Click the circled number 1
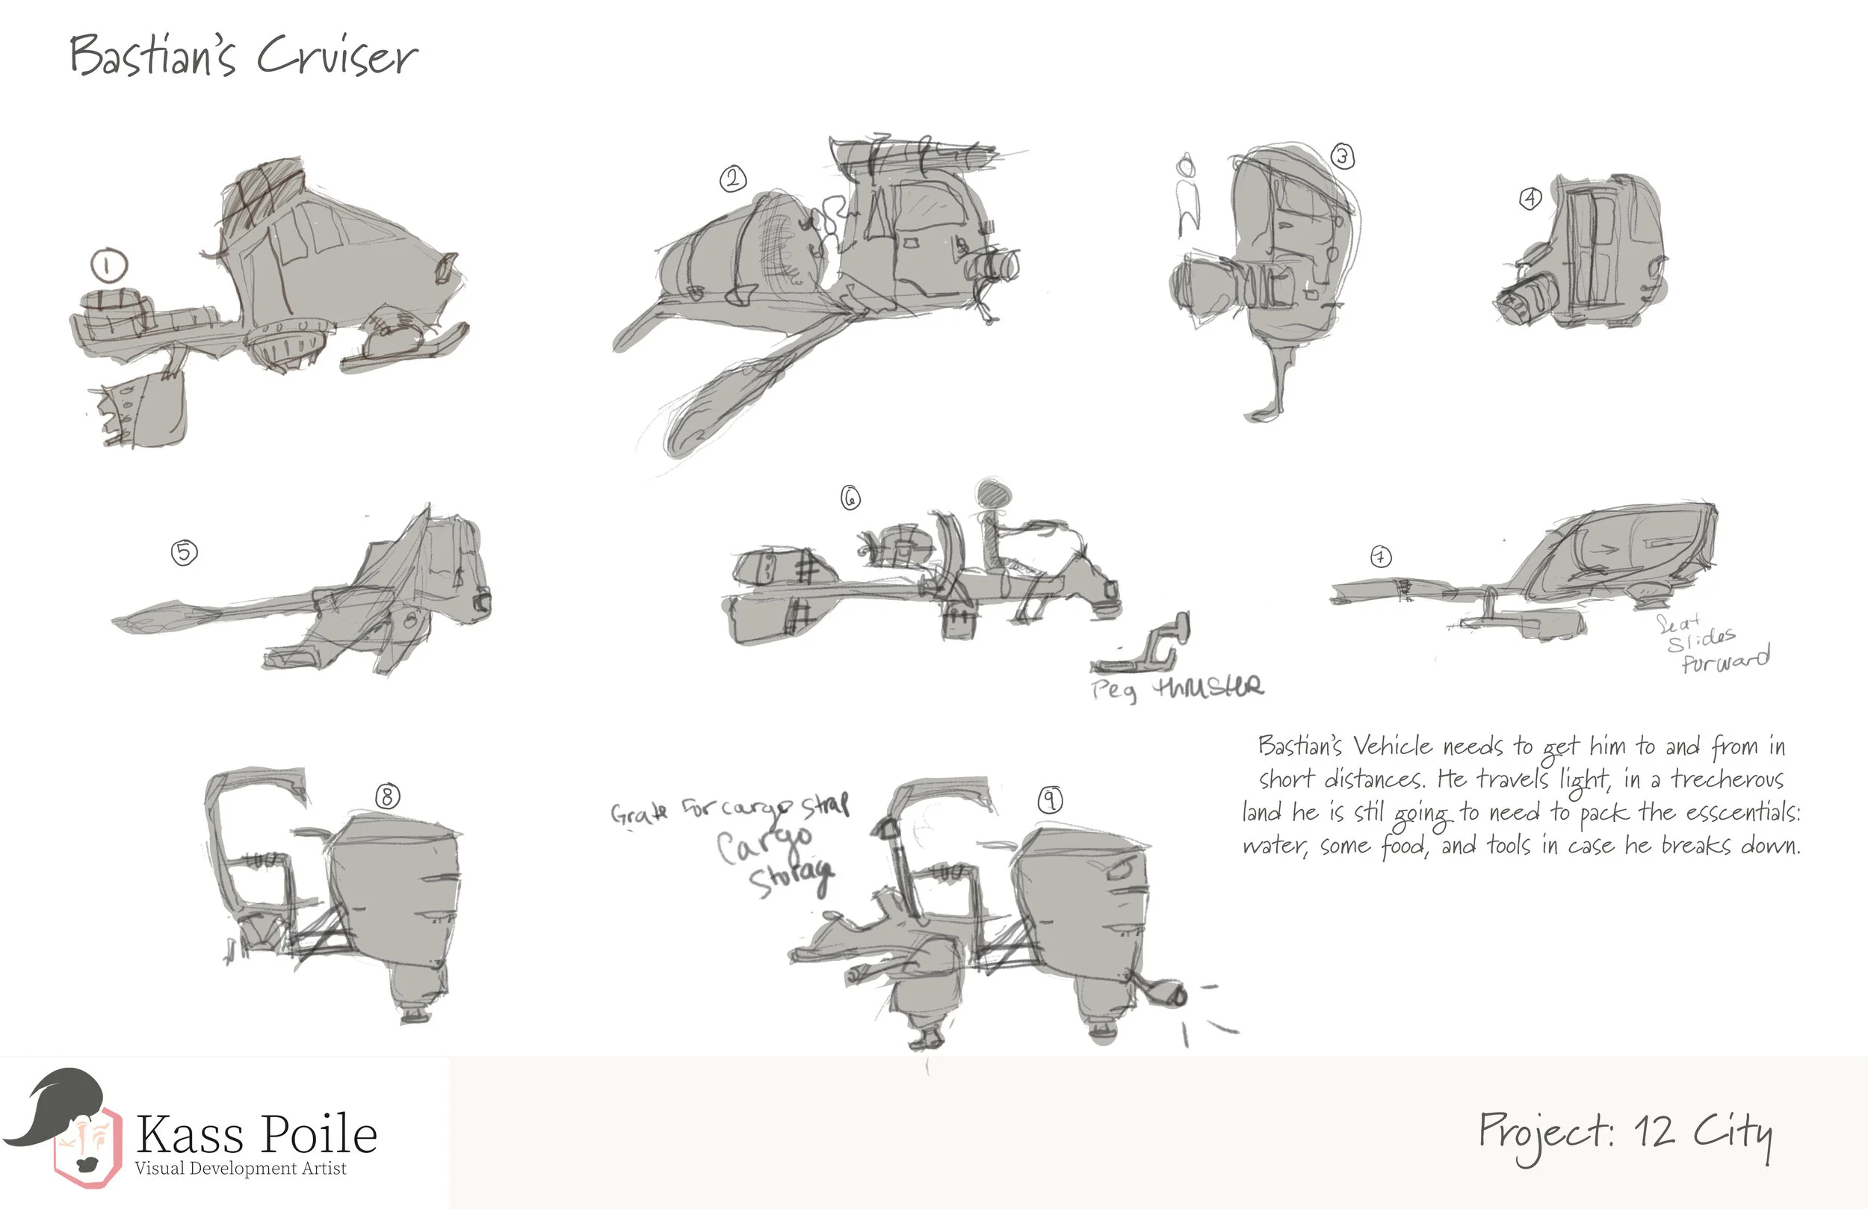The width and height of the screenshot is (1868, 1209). (109, 265)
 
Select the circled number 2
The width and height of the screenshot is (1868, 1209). (732, 180)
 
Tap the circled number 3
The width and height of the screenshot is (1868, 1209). (1343, 157)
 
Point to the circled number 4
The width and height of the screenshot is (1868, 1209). (1530, 199)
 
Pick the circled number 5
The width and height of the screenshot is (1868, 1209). (185, 553)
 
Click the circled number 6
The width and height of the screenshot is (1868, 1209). (851, 498)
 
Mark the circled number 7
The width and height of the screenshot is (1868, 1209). (1381, 557)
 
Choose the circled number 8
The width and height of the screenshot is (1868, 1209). (387, 797)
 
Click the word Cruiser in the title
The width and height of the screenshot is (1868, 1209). (338, 57)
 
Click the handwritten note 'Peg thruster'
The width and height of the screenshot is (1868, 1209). (1178, 688)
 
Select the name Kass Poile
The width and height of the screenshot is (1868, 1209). (256, 1134)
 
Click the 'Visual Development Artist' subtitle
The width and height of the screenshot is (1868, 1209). (240, 1168)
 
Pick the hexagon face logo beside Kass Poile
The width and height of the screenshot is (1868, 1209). (87, 1146)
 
